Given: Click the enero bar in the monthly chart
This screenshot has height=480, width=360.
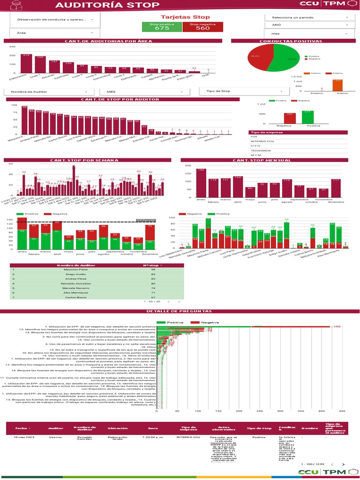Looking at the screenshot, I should [202, 183].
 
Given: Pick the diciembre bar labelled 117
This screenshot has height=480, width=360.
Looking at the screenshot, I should [336, 188].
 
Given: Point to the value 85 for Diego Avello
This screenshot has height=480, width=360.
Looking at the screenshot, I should [153, 275].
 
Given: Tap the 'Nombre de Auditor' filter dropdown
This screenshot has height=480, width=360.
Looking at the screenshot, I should [49, 91].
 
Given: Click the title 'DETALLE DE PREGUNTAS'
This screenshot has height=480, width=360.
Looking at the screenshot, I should [180, 312].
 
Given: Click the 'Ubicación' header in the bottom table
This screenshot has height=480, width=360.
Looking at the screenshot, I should [117, 428].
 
